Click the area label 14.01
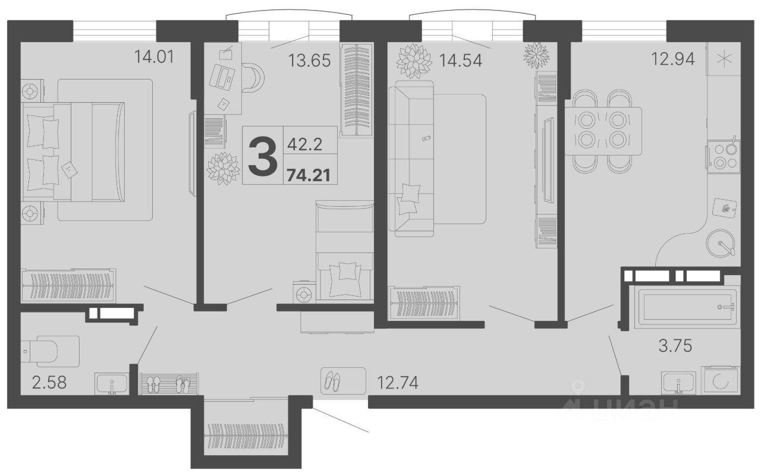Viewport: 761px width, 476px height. tap(154, 56)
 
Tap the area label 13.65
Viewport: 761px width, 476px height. tap(309, 61)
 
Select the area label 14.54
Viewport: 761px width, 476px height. tap(461, 61)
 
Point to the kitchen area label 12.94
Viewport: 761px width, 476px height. tap(672, 59)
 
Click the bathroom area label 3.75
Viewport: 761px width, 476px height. tap(675, 346)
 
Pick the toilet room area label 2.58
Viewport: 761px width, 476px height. tap(49, 383)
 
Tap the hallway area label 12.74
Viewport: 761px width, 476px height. tap(398, 383)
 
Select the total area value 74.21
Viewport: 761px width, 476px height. tap(309, 175)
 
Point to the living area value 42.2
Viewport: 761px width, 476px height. tap(304, 145)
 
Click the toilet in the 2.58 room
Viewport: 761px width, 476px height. tap(50, 351)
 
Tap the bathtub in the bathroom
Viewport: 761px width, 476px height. tap(687, 307)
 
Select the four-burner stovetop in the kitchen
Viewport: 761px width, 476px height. tap(724, 157)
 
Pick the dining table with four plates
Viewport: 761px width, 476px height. tap(603, 131)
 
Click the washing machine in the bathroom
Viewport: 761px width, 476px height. tap(720, 381)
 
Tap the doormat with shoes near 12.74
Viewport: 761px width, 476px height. tap(343, 380)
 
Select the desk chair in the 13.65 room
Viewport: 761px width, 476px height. tap(253, 78)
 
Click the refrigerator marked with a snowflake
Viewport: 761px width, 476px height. tap(724, 59)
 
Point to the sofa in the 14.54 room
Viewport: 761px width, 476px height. tap(411, 159)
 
